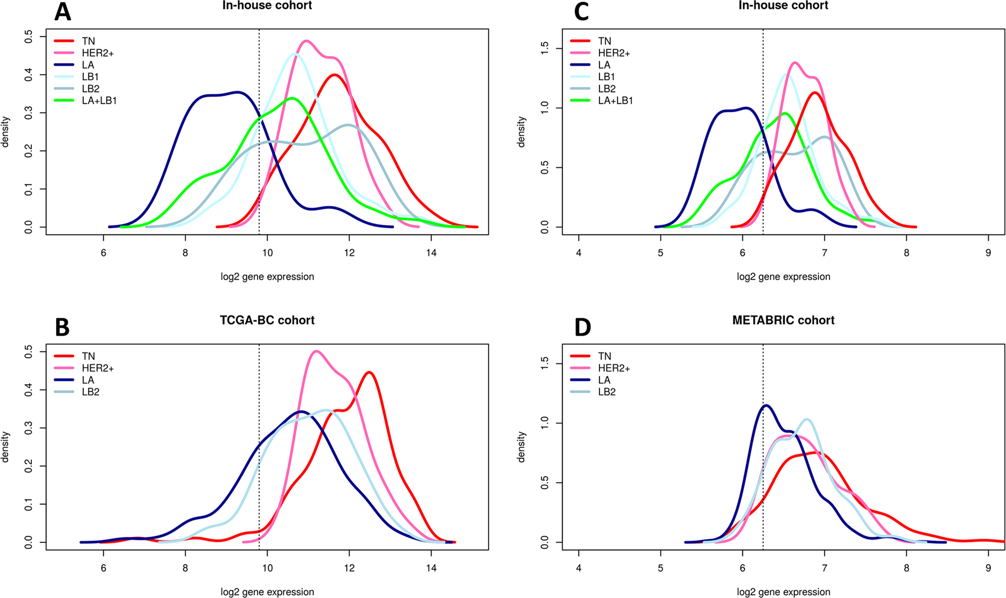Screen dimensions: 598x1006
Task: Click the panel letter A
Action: tap(62, 12)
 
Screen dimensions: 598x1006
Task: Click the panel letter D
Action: tap(582, 328)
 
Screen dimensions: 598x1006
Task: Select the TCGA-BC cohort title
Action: tap(267, 320)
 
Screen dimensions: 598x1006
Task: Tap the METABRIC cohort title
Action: tap(783, 320)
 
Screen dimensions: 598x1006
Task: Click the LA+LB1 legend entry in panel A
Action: tap(99, 101)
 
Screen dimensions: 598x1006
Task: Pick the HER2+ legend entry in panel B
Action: tap(97, 368)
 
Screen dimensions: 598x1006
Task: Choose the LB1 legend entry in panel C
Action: tap(606, 77)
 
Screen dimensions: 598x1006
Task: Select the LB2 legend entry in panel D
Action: tap(607, 392)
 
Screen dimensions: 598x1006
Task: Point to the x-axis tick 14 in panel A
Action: tap(431, 253)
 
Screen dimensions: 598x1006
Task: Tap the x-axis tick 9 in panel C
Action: tap(988, 253)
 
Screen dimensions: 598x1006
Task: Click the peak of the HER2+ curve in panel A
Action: tap(306, 40)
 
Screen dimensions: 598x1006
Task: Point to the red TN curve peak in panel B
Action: tap(370, 372)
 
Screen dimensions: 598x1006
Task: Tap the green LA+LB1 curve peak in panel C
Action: tap(784, 113)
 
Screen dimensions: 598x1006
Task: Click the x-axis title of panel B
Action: tap(267, 592)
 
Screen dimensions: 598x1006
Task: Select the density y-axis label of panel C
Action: tap(521, 132)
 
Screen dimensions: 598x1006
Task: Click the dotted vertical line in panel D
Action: tap(763, 476)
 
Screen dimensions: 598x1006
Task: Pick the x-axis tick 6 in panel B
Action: tap(103, 568)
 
